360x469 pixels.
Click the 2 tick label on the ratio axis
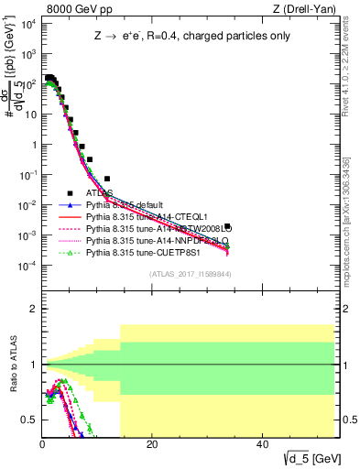click(33, 309)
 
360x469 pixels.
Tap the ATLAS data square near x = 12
click(107, 179)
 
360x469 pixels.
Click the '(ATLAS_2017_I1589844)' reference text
click(191, 274)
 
